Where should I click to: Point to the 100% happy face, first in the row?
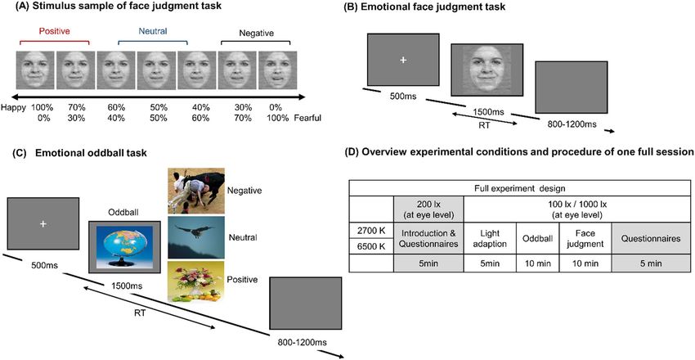point(34,70)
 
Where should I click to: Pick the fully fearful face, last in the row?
point(276,70)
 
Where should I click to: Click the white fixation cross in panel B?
point(402,61)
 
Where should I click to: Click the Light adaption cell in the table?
point(489,237)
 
